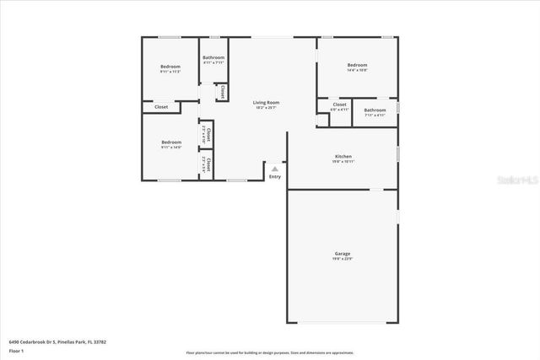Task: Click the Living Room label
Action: [266, 103]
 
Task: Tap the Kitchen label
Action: [343, 156]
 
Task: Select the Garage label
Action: [343, 253]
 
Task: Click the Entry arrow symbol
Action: [274, 169]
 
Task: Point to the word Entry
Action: [274, 177]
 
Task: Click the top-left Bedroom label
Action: [170, 67]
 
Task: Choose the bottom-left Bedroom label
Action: [170, 142]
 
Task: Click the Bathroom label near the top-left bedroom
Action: [213, 57]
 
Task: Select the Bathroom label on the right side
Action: [375, 110]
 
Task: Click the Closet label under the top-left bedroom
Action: [160, 107]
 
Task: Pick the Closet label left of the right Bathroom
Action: [339, 105]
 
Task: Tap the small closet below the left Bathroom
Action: [222, 92]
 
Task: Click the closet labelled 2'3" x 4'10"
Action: [206, 133]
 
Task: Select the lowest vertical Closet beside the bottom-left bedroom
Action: [206, 163]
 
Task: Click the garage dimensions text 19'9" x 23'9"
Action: [343, 259]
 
